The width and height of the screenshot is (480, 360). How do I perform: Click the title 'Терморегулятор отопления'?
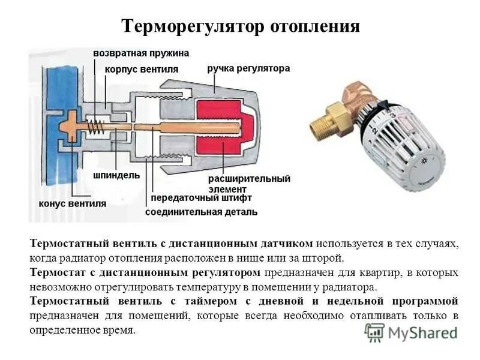pyautogui.click(x=241, y=26)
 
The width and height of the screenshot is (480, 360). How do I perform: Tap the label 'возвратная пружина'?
pyautogui.click(x=141, y=53)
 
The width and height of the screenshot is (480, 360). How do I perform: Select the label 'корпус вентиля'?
pyautogui.click(x=142, y=69)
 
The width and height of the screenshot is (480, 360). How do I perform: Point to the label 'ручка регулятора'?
pyautogui.click(x=248, y=68)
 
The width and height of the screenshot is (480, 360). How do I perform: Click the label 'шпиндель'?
pyautogui.click(x=116, y=175)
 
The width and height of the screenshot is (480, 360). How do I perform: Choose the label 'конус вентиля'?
pyautogui.click(x=72, y=203)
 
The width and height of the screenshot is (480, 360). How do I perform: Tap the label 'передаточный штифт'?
pyautogui.click(x=201, y=197)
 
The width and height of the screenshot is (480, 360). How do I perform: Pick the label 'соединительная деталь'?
pyautogui.click(x=202, y=212)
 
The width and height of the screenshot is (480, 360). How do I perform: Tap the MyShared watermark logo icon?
pyautogui.click(x=375, y=332)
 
